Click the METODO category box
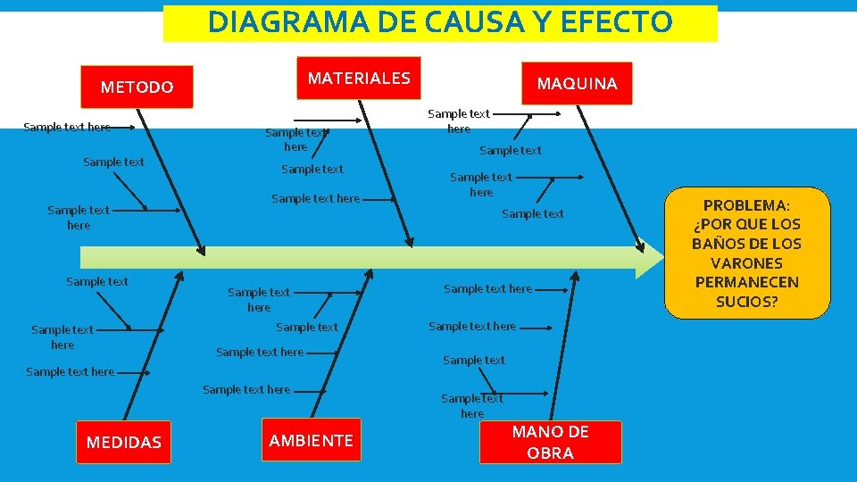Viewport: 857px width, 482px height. (x=137, y=87)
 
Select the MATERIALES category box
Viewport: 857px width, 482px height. (x=359, y=79)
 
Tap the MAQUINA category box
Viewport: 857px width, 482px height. (x=577, y=84)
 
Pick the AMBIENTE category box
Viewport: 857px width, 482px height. (x=311, y=440)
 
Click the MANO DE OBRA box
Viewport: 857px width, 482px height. (x=550, y=443)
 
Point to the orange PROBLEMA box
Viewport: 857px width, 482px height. (x=746, y=253)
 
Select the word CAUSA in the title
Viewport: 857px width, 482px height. (x=468, y=22)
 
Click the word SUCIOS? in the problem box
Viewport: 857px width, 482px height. (x=746, y=302)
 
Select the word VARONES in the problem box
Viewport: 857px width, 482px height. (x=746, y=263)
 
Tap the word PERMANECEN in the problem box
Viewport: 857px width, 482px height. (x=746, y=282)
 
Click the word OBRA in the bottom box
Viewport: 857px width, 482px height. (x=550, y=453)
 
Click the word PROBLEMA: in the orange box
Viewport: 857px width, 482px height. (x=746, y=205)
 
